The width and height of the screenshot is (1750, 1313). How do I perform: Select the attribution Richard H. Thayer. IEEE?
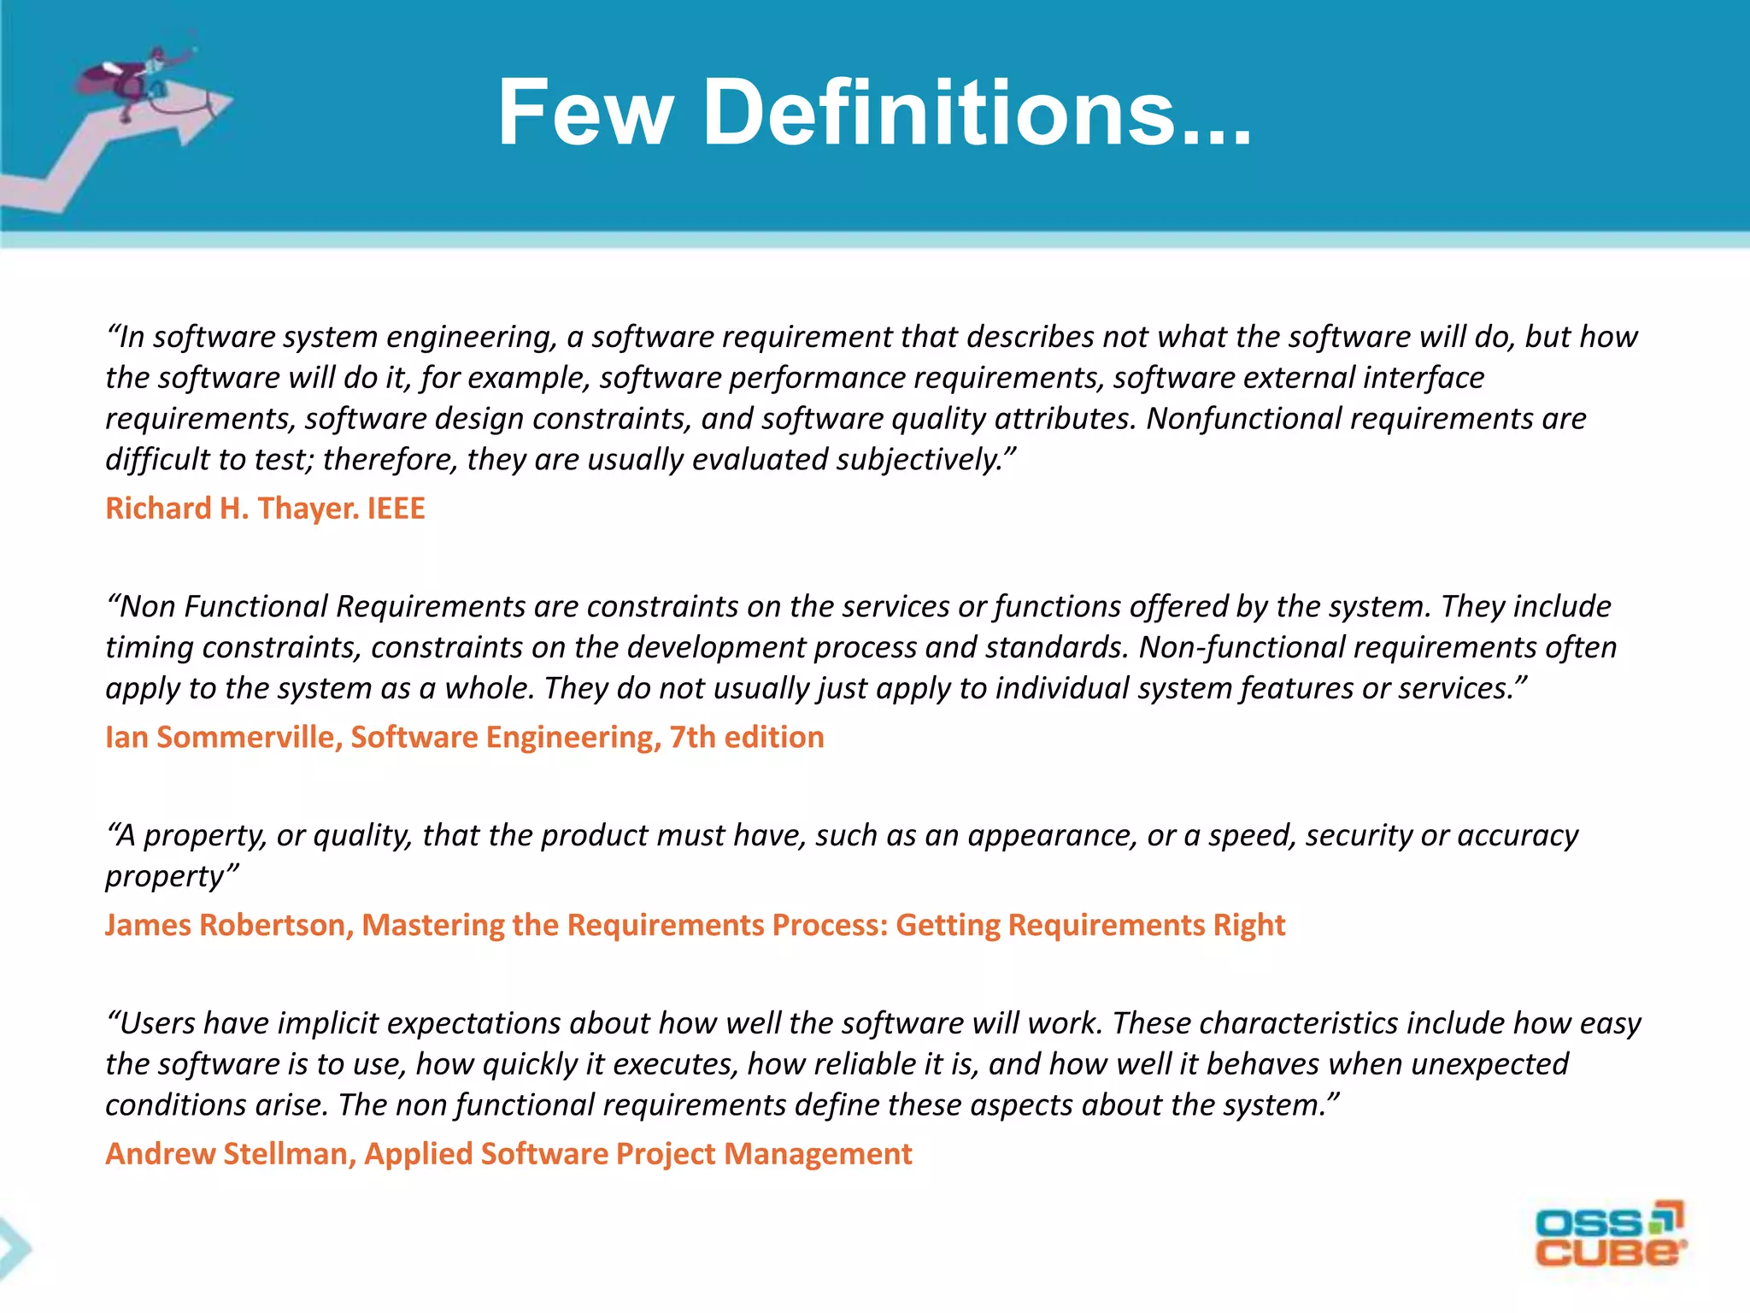click(265, 509)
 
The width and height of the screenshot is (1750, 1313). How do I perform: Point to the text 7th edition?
click(747, 737)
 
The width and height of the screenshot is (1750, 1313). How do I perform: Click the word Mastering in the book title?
click(432, 925)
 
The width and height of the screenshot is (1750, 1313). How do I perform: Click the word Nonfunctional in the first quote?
click(1243, 419)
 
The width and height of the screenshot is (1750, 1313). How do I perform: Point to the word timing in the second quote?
click(149, 647)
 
